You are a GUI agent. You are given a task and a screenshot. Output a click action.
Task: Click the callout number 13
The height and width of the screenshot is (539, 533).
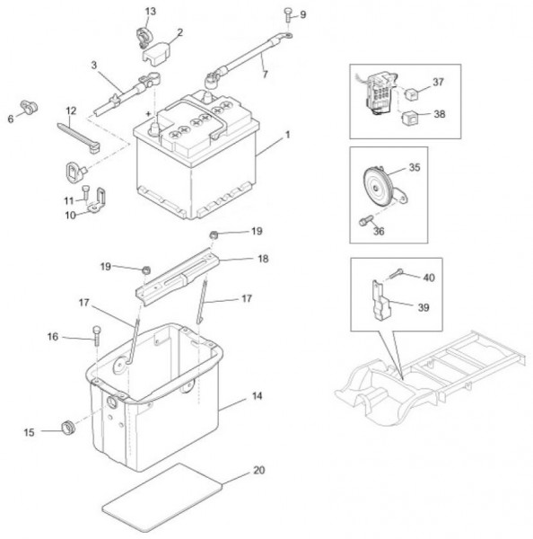151,12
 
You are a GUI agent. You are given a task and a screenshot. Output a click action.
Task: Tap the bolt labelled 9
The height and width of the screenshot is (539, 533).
288,13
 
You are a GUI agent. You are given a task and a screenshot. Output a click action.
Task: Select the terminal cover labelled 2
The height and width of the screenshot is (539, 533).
156,53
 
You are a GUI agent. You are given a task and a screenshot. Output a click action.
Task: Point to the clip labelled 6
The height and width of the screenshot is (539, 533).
29,107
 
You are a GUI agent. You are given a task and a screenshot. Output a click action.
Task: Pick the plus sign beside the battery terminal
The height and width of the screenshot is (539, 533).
148,113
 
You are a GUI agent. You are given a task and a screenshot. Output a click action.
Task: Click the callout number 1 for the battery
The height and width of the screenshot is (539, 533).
288,135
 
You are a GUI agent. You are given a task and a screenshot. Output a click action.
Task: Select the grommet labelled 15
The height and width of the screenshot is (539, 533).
68,428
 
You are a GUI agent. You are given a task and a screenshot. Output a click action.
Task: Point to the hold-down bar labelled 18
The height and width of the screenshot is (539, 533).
177,277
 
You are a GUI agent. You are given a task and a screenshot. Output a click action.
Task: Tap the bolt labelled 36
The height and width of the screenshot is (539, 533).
365,220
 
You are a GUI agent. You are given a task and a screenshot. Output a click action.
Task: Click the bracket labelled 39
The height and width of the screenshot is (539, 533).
381,301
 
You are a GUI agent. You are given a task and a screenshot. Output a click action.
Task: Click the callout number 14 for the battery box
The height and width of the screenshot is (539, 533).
257,396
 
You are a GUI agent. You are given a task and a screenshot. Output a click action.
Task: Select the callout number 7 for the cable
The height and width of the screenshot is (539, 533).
265,74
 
